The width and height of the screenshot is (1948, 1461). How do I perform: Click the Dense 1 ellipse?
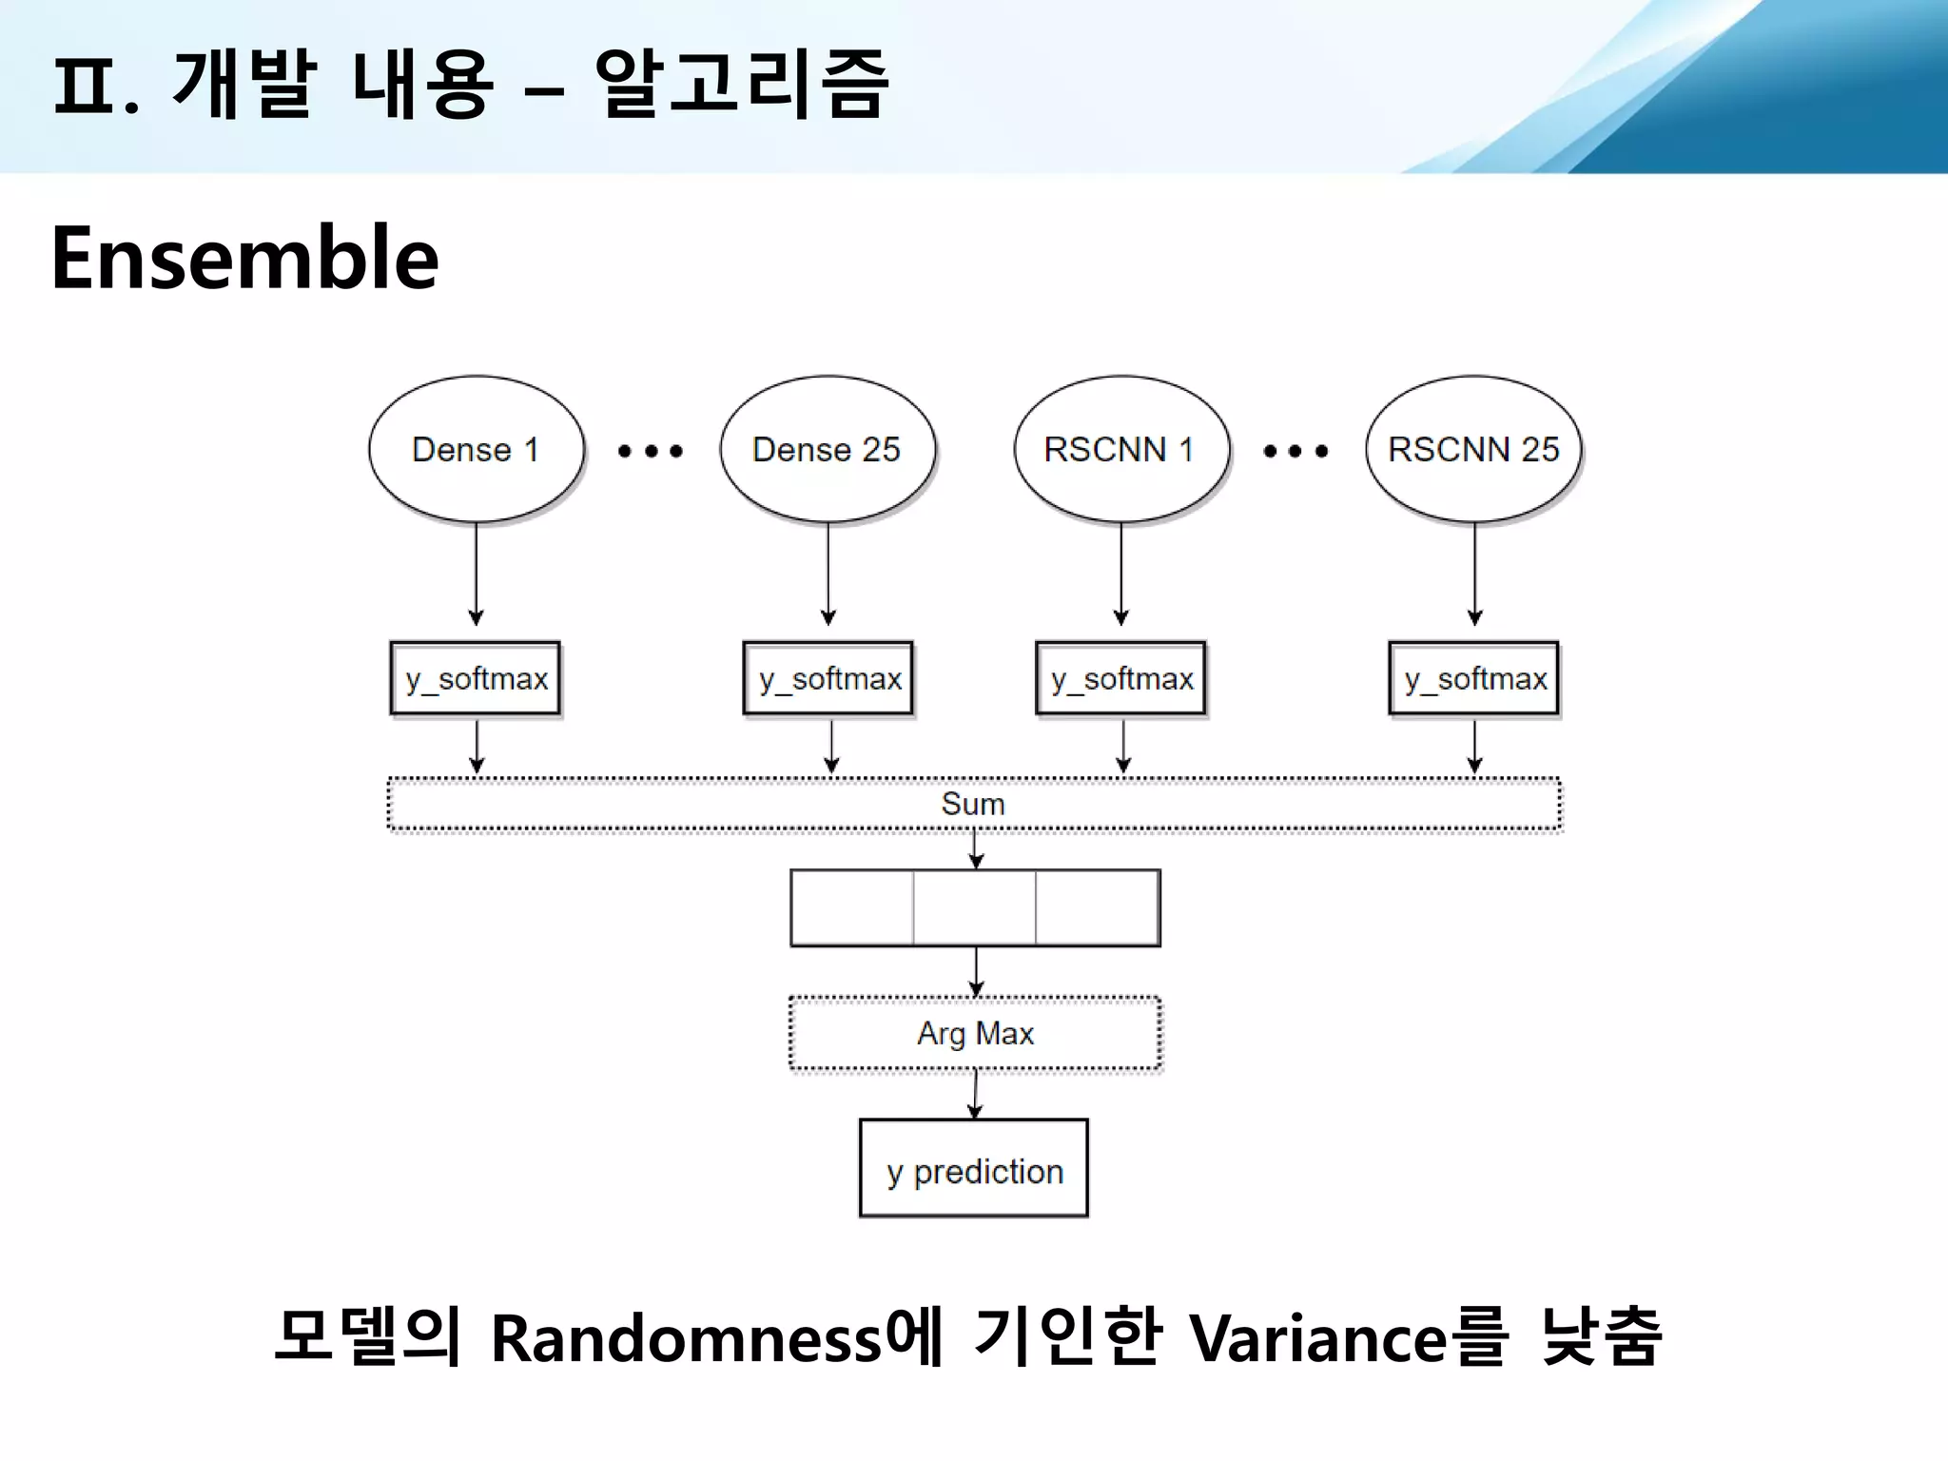(476, 449)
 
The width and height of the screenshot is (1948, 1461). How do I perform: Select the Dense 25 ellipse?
(827, 449)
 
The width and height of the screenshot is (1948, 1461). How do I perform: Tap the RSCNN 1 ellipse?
(1120, 449)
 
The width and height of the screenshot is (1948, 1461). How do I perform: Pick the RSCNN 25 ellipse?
(1473, 449)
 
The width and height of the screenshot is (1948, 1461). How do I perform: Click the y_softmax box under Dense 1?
(476, 678)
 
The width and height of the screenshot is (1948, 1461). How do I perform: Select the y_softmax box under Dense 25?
(828, 678)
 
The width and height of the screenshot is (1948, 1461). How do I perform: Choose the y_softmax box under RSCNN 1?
(1120, 678)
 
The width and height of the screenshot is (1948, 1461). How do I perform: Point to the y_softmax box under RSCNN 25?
(1474, 678)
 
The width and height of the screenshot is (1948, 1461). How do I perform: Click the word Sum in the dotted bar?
(973, 804)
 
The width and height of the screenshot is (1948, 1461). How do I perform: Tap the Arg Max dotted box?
(975, 1033)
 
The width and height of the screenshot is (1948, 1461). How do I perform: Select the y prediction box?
(974, 1169)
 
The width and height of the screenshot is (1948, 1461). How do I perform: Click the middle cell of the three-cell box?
(975, 908)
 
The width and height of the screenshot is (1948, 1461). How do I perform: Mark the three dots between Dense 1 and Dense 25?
(651, 451)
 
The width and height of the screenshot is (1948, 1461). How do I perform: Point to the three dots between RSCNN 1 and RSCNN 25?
(1295, 451)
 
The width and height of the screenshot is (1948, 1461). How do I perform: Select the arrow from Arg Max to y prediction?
(975, 1094)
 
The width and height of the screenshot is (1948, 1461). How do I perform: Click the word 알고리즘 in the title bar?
(741, 84)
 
